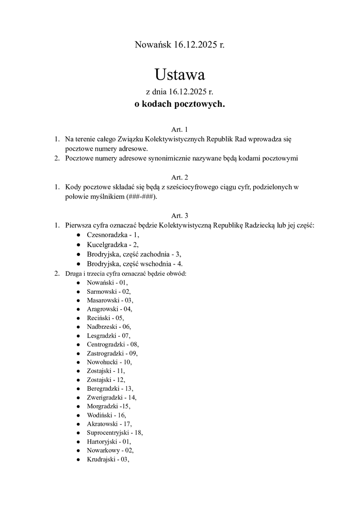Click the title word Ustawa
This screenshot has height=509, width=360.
click(x=179, y=75)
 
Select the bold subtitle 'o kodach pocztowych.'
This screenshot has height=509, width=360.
click(x=179, y=104)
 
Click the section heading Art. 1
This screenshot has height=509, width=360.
click(x=179, y=129)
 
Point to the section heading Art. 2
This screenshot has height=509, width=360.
click(x=179, y=177)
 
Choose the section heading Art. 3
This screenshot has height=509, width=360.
click(x=179, y=215)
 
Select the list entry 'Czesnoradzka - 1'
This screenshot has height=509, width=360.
click(x=113, y=235)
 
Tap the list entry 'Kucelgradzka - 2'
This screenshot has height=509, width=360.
click(x=112, y=245)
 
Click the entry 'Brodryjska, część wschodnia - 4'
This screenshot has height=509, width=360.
click(x=135, y=263)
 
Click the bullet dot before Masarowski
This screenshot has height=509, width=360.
click(x=78, y=300)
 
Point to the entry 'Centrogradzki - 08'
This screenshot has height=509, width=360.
click(x=112, y=344)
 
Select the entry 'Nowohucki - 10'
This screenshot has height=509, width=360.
click(x=109, y=362)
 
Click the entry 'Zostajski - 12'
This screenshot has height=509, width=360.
click(x=106, y=379)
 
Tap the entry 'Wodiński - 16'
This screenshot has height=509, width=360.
click(x=106, y=415)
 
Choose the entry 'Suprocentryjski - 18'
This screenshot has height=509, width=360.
click(x=114, y=433)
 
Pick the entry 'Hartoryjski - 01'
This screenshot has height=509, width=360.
click(x=109, y=441)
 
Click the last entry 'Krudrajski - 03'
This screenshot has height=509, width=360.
click(x=108, y=459)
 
